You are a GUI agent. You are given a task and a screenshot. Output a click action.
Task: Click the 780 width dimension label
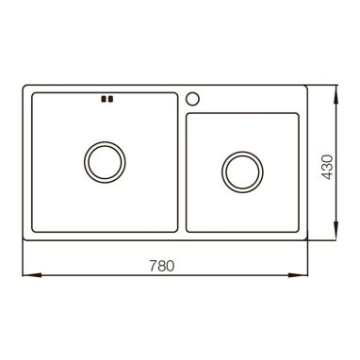[x=161, y=266]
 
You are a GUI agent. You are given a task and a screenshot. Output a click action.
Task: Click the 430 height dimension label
[x=328, y=167]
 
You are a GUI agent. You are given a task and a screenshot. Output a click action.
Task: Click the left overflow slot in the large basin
[x=103, y=99]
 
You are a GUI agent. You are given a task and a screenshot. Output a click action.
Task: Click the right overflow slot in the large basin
[x=110, y=99]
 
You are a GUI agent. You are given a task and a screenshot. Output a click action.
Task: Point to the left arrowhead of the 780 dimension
[x=32, y=275]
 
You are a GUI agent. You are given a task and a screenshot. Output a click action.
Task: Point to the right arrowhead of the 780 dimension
[x=298, y=275]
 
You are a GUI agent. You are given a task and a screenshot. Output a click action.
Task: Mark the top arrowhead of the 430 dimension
[x=335, y=94]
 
